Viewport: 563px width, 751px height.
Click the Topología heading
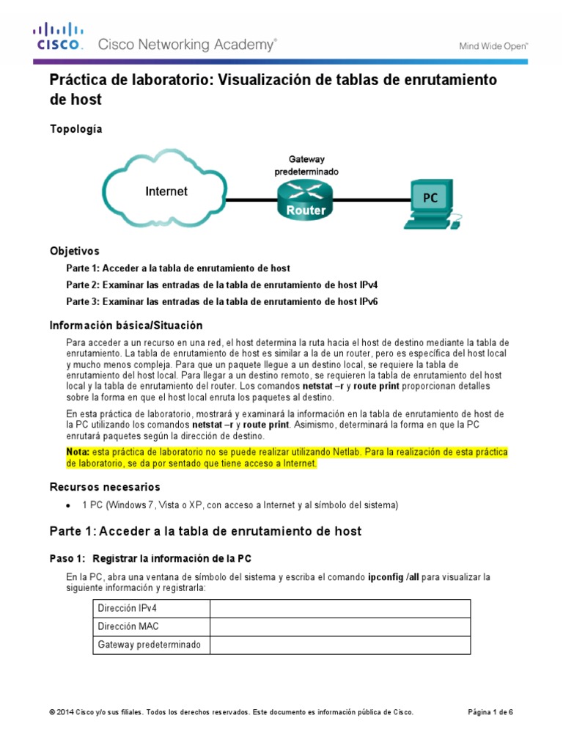click(76, 129)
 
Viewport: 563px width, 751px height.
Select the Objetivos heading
click(74, 251)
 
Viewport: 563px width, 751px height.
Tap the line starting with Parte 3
click(221, 301)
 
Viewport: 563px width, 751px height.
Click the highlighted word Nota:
click(78, 453)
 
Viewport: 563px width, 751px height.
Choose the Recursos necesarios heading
click(104, 487)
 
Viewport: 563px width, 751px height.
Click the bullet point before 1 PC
click(68, 505)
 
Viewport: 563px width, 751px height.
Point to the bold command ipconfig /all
click(394, 577)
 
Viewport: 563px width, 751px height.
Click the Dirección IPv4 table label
click(127, 609)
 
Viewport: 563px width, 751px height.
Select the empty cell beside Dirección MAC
click(340, 627)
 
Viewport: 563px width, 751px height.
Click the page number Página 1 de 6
click(490, 712)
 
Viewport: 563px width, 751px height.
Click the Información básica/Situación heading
click(125, 325)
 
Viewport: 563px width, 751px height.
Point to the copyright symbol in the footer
click(52, 712)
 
